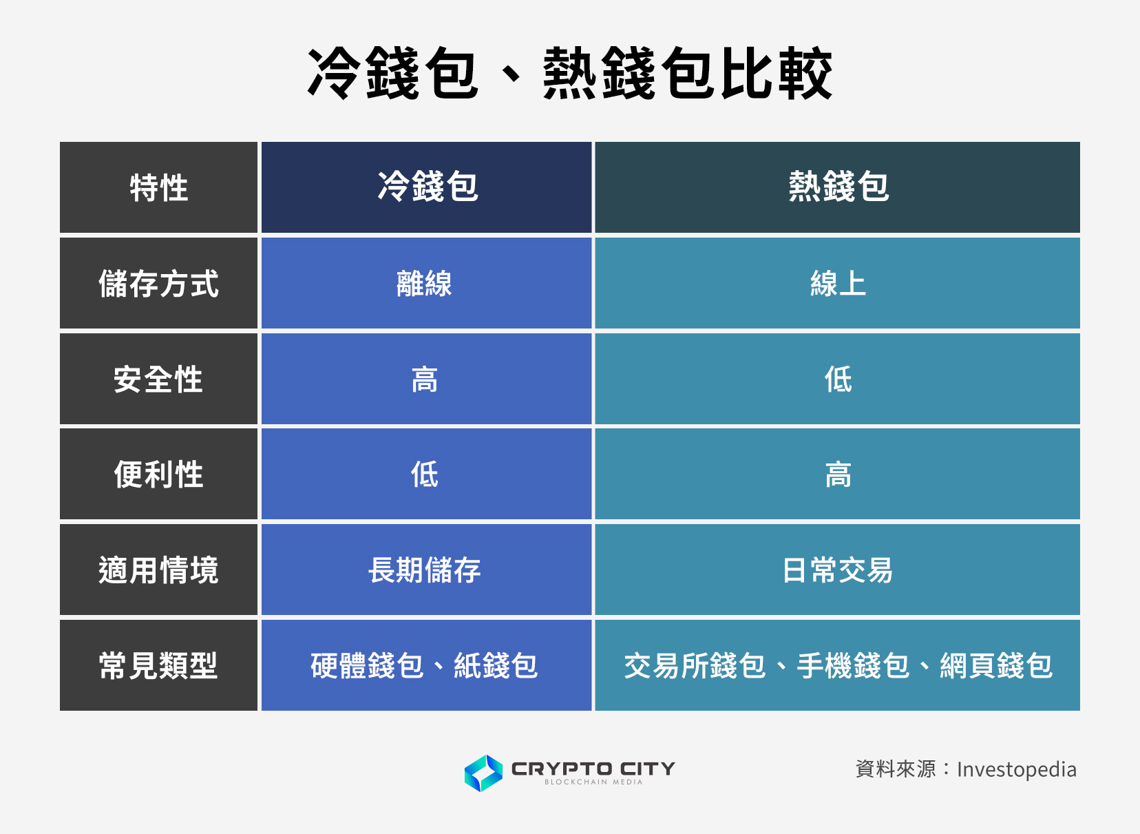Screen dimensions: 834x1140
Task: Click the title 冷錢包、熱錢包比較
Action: [570, 74]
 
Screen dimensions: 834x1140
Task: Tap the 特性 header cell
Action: [158, 188]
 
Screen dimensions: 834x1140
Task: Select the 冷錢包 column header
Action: [427, 188]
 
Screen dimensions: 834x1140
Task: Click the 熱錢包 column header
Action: [838, 188]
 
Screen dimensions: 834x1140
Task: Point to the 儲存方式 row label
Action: [158, 284]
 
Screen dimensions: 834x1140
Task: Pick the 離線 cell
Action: [425, 284]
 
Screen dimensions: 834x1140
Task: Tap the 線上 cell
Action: [838, 284]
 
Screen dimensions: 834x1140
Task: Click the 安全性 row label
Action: [158, 379]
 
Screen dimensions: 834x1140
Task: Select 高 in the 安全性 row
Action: [425, 379]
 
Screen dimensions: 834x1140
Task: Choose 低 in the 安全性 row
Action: [838, 379]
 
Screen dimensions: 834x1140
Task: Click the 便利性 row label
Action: [158, 475]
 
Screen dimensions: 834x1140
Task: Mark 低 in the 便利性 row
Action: [425, 475]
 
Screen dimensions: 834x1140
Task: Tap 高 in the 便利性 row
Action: [838, 475]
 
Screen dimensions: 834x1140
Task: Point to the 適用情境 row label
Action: [158, 570]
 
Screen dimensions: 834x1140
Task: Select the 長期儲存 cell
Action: [425, 570]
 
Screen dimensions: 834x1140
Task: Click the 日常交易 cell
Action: [838, 570]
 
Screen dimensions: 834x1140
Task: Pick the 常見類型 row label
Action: [158, 666]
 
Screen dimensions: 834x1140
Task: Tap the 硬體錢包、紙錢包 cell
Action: [425, 666]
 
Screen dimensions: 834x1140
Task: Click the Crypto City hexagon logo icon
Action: [483, 773]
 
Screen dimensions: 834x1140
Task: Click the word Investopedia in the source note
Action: [1016, 769]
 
